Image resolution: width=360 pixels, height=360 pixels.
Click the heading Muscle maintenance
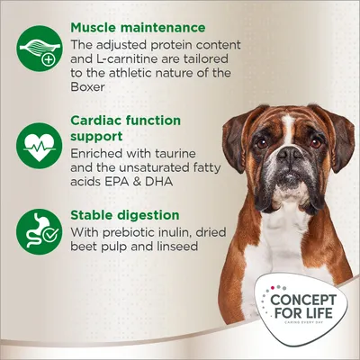click(138, 28)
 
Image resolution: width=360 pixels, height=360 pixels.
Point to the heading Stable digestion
click(126, 215)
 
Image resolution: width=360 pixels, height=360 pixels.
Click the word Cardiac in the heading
click(97, 121)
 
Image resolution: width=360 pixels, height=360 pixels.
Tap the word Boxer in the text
click(90, 89)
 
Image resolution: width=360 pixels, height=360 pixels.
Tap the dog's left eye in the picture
click(262, 141)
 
